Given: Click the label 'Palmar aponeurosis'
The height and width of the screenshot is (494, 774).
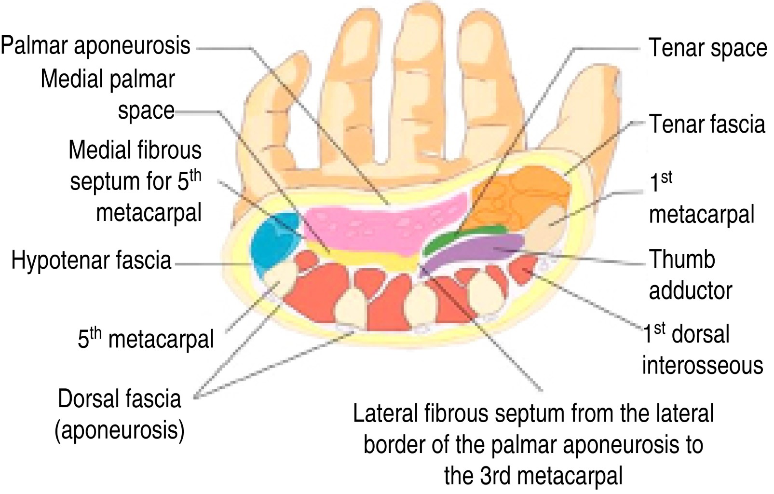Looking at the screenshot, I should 95,46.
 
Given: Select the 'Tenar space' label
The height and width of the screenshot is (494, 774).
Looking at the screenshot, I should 707,48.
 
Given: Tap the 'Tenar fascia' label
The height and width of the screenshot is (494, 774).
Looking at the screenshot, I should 707,124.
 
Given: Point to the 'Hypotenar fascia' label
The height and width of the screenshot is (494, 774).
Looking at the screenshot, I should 91,261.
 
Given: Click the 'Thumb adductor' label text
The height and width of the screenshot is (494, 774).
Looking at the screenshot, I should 690,275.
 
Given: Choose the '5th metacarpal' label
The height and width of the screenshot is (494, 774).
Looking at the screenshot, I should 145,339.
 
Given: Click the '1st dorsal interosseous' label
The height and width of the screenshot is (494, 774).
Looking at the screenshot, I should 702,350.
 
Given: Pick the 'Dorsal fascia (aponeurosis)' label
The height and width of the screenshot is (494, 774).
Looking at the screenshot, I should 120,414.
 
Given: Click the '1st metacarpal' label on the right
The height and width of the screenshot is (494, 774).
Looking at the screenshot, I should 701,199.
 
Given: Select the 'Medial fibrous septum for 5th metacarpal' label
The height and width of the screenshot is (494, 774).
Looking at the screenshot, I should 136,181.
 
